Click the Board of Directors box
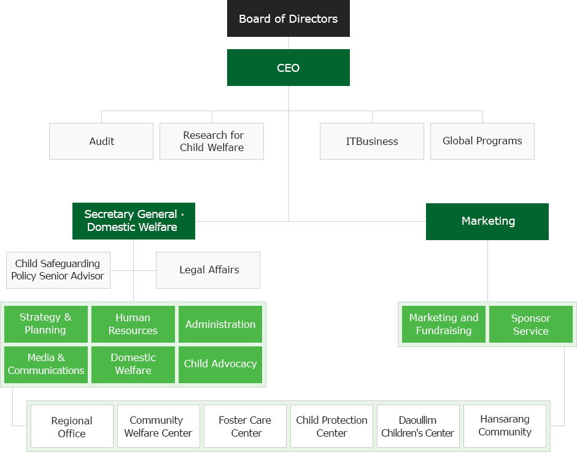pyautogui.click(x=288, y=18)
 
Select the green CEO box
pyautogui.click(x=288, y=68)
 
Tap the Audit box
pyautogui.click(x=101, y=141)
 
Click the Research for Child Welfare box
pyautogui.click(x=212, y=141)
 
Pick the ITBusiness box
pyautogui.click(x=371, y=141)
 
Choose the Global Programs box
pyautogui.click(x=482, y=141)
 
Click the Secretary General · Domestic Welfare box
pyautogui.click(x=133, y=220)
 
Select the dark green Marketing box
pyautogui.click(x=487, y=221)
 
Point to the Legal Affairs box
pyautogui.click(x=208, y=270)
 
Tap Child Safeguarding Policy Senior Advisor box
pyautogui.click(x=58, y=270)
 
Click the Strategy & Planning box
pyautogui.click(x=45, y=324)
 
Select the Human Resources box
pyautogui.click(x=133, y=324)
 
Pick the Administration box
pyautogui.click(x=220, y=324)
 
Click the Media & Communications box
pyautogui.click(x=46, y=364)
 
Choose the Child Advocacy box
pyautogui.click(x=220, y=364)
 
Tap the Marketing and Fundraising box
pyautogui.click(x=443, y=324)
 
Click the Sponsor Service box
pyautogui.click(x=530, y=324)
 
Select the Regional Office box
pyautogui.click(x=72, y=426)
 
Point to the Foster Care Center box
pyautogui.click(x=245, y=426)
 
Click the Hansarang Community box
pyautogui.click(x=505, y=426)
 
